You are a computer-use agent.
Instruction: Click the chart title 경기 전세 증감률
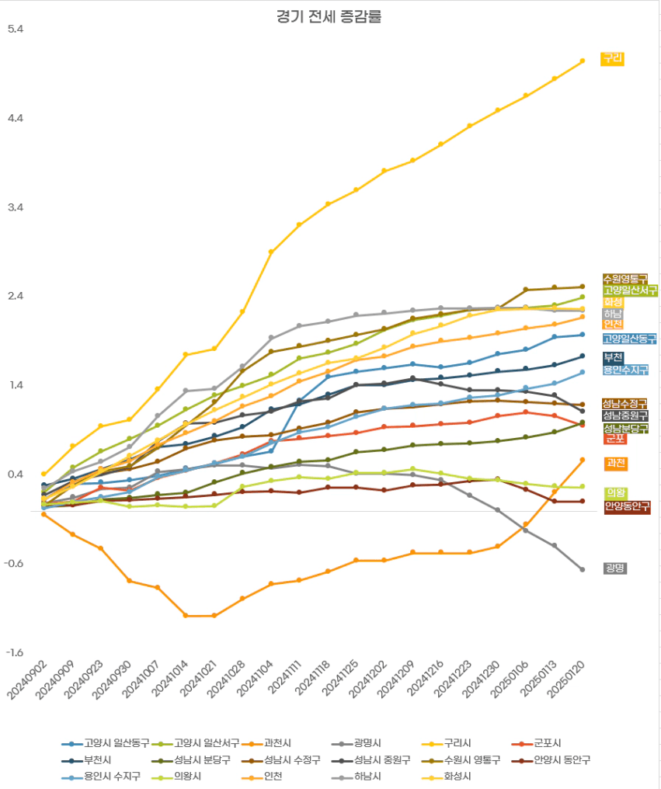[x=329, y=16]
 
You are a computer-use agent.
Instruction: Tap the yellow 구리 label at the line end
[x=613, y=58]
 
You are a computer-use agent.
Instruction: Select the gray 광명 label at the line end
[x=614, y=568]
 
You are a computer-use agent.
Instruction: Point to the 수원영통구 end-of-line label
[x=625, y=279]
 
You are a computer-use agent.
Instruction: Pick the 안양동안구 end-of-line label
[x=627, y=507]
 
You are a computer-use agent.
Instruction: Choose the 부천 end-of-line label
[x=614, y=358]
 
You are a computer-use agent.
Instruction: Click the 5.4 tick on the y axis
[x=16, y=30]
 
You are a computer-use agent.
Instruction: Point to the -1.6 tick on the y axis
[x=16, y=653]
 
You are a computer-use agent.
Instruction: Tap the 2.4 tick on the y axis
[x=16, y=297]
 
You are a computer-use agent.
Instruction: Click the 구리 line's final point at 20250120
[x=583, y=61]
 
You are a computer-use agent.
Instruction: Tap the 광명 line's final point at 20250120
[x=583, y=570]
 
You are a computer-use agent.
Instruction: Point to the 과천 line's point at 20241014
[x=186, y=616]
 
